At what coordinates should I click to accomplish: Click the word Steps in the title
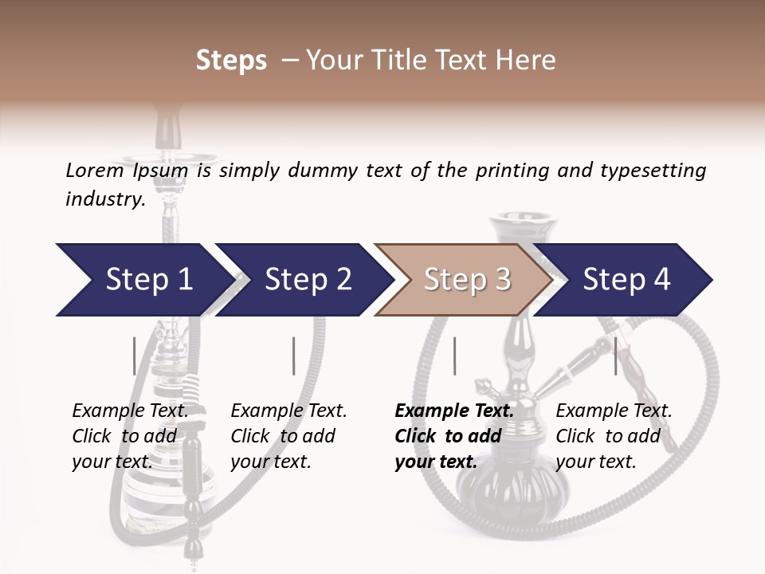coord(231,61)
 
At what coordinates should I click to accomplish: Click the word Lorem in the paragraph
coord(94,170)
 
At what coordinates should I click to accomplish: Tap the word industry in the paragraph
coord(104,199)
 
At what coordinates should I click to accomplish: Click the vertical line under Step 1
coord(134,356)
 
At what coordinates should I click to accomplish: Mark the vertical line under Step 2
coord(293,356)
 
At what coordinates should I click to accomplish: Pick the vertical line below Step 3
coord(454,356)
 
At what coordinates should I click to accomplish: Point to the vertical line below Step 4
coord(615,356)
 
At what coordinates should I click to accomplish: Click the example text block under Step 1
coord(130,436)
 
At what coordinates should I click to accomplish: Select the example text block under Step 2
coord(288,436)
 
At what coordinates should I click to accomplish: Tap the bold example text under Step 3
coord(453,436)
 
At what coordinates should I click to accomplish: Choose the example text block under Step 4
coord(613,436)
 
